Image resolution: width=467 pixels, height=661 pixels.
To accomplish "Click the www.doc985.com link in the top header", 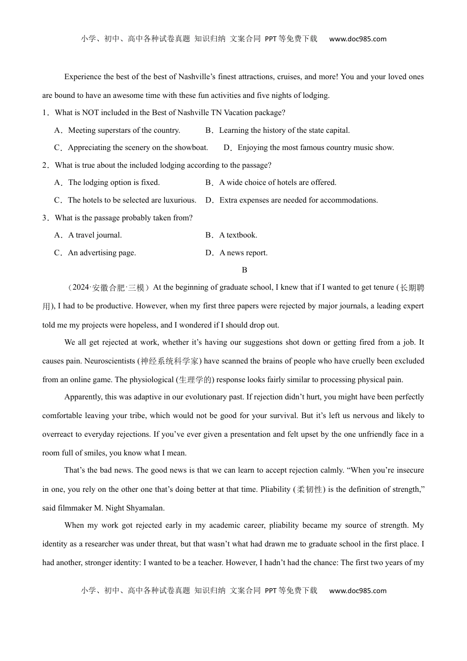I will [x=357, y=39].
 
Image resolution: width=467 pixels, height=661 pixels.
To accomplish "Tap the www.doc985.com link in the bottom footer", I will [x=357, y=591].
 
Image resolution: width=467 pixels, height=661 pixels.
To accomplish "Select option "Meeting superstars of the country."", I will [x=124, y=130].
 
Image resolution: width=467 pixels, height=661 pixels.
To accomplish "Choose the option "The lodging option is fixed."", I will [x=114, y=182].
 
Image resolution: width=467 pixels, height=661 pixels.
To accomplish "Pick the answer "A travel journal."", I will [x=95, y=235].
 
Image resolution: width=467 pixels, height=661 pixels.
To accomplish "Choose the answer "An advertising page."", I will [x=102, y=253].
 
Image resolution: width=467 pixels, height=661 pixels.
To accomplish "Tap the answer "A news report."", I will [x=243, y=253].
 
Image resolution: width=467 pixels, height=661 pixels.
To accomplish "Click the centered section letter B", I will [x=244, y=270].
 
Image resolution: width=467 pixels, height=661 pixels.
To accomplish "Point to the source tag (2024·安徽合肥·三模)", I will [x=108, y=288].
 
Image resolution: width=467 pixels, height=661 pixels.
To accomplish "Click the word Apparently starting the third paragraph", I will [x=82, y=397].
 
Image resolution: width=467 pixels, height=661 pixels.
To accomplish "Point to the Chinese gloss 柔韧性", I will [x=310, y=489].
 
